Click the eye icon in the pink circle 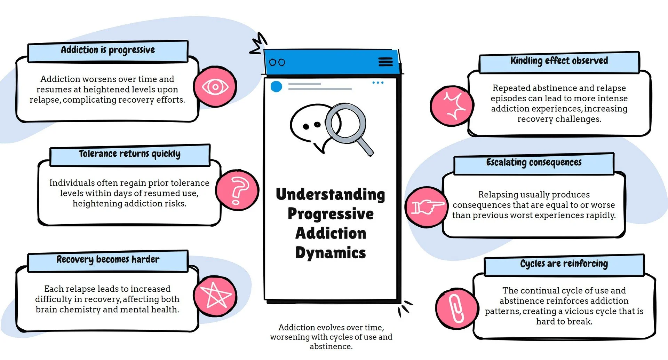[215, 87]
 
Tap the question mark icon [237, 190]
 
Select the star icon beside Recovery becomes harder [215, 296]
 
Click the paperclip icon [456, 308]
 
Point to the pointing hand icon [427, 207]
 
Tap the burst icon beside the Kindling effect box [452, 106]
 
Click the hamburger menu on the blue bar [385, 62]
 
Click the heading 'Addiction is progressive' [108, 50]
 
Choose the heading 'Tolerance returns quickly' [129, 154]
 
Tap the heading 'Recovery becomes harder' [108, 260]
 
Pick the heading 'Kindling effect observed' [559, 61]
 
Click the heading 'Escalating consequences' [534, 163]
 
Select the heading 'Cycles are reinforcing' [564, 264]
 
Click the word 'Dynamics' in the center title [331, 253]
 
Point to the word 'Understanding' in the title [331, 195]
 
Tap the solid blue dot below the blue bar [276, 86]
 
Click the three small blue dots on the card [378, 83]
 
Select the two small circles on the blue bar [277, 62]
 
